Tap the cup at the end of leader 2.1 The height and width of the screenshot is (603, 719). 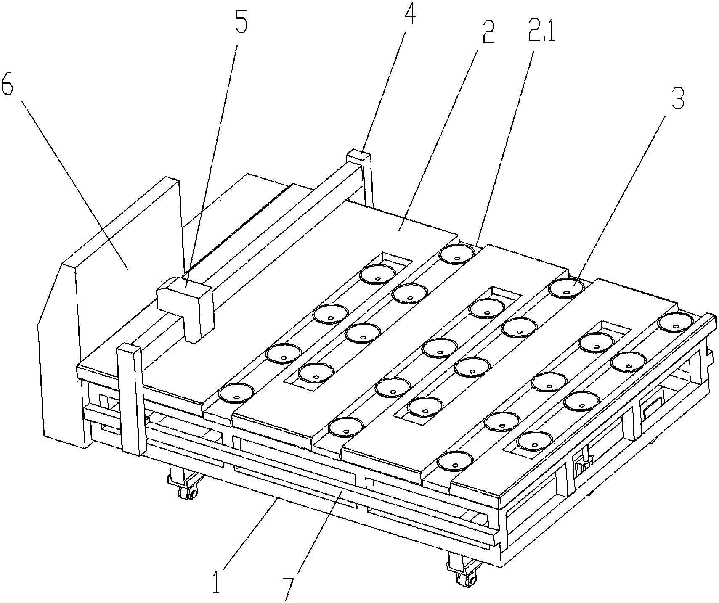coord(457,254)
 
